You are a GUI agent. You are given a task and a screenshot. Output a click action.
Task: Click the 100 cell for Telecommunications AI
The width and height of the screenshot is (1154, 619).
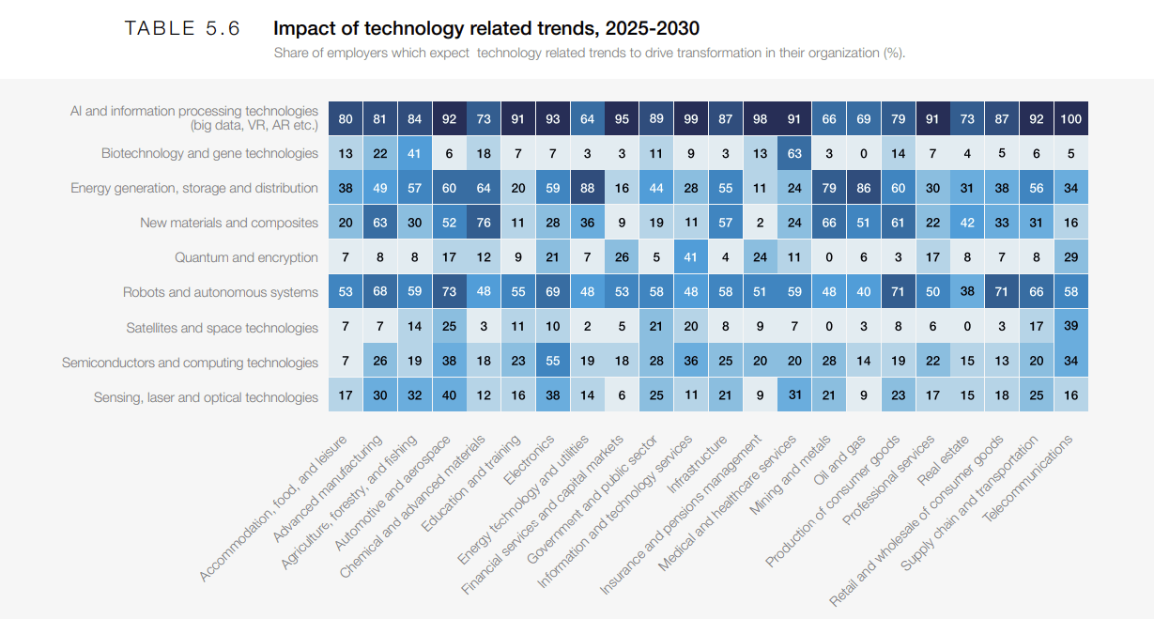1071,119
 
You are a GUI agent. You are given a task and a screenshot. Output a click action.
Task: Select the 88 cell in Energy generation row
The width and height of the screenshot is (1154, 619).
588,188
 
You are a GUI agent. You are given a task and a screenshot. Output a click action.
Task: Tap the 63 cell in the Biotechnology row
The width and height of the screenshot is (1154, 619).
795,153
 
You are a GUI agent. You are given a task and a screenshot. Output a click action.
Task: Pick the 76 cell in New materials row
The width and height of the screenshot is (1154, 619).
485,223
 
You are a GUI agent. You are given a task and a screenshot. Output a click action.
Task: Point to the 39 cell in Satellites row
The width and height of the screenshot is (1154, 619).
1071,328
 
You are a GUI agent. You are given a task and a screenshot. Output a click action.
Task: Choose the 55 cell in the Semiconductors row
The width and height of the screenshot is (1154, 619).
553,363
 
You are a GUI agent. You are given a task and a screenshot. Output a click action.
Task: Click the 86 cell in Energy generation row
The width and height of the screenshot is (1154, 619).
864,188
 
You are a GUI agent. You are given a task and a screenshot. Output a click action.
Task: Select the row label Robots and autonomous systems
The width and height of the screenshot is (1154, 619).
221,293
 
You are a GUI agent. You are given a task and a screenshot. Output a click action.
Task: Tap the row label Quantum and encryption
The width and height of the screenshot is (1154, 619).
246,257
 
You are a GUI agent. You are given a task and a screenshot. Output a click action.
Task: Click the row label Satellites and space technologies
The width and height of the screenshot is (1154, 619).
222,328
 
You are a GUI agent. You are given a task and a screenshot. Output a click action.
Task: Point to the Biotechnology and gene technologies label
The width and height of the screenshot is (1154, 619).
209,153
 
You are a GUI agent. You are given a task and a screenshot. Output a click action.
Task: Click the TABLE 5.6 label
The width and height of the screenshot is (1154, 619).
182,28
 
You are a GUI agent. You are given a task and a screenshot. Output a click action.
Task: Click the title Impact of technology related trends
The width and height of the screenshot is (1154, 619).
485,28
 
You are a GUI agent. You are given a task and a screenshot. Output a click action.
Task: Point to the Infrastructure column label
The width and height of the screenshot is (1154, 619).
696,465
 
